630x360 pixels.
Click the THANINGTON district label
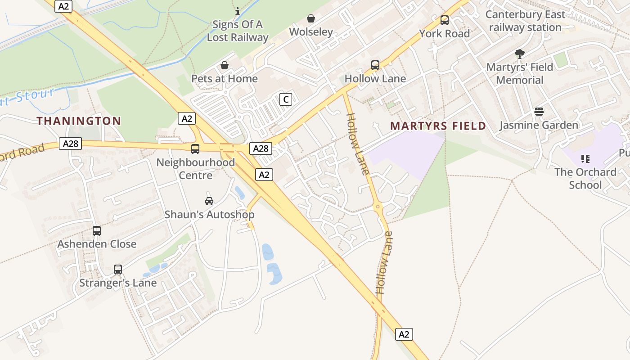click(79, 121)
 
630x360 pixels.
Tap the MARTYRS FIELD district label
click(438, 126)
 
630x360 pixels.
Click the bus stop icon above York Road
click(445, 20)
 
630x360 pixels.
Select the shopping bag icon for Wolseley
click(310, 18)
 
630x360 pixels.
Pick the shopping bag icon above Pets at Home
click(225, 66)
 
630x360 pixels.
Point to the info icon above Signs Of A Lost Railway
click(238, 11)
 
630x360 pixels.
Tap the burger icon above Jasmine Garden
click(539, 112)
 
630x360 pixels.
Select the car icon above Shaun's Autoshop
click(209, 201)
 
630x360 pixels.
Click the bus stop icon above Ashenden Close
click(97, 231)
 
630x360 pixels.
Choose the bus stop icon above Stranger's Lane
click(118, 270)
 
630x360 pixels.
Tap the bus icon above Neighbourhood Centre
click(195, 149)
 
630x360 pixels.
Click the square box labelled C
click(286, 99)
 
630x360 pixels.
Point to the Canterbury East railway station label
click(525, 21)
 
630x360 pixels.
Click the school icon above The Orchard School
click(585, 158)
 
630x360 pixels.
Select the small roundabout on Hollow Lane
click(378, 207)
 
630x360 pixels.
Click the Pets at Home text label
click(225, 79)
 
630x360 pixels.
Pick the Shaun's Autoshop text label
click(209, 215)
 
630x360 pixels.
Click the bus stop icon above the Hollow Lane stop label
click(375, 65)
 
